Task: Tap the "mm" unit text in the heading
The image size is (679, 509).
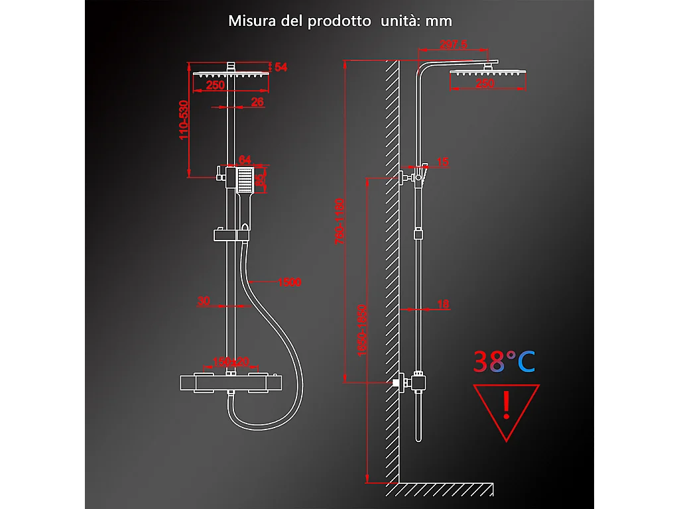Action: [438, 21]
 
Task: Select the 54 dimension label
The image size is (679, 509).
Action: [280, 67]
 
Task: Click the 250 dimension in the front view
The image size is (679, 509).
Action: [214, 85]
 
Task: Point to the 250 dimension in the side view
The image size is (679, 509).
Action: [486, 84]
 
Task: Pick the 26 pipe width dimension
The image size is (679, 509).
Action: [258, 101]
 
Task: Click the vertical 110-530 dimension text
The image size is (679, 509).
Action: [184, 119]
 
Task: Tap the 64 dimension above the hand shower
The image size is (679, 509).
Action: [245, 160]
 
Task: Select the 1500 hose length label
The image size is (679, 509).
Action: [289, 282]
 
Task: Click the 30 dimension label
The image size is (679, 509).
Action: [204, 301]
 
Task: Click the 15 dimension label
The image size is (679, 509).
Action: [443, 162]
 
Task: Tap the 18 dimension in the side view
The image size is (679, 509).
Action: [443, 304]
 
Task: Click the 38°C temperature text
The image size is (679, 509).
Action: [504, 361]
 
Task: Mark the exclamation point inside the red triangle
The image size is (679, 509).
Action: [507, 404]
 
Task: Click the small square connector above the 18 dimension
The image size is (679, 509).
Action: [418, 233]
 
